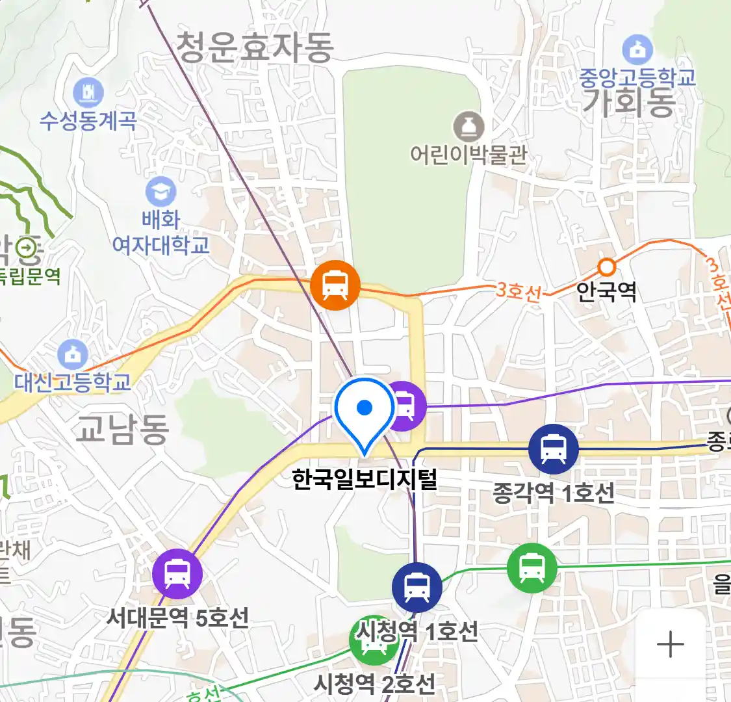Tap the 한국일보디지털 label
pyautogui.click(x=365, y=480)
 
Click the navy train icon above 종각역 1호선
pyautogui.click(x=553, y=448)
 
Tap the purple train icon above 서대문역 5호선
pyautogui.click(x=177, y=574)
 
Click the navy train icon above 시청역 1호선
pyautogui.click(x=417, y=587)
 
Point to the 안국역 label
pyautogui.click(x=606, y=291)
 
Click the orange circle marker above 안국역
pyautogui.click(x=606, y=266)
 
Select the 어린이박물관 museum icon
pyautogui.click(x=468, y=127)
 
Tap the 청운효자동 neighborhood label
pyautogui.click(x=255, y=48)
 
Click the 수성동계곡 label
pyautogui.click(x=88, y=120)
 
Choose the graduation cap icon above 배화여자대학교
pyautogui.click(x=160, y=192)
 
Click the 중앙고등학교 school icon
pyautogui.click(x=637, y=50)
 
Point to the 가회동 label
pyautogui.click(x=628, y=102)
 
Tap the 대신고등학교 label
pyautogui.click(x=73, y=382)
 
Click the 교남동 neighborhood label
pyautogui.click(x=122, y=429)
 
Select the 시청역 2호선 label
pyautogui.click(x=374, y=683)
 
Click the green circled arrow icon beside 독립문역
pyautogui.click(x=27, y=247)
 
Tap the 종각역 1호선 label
pyautogui.click(x=553, y=493)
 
